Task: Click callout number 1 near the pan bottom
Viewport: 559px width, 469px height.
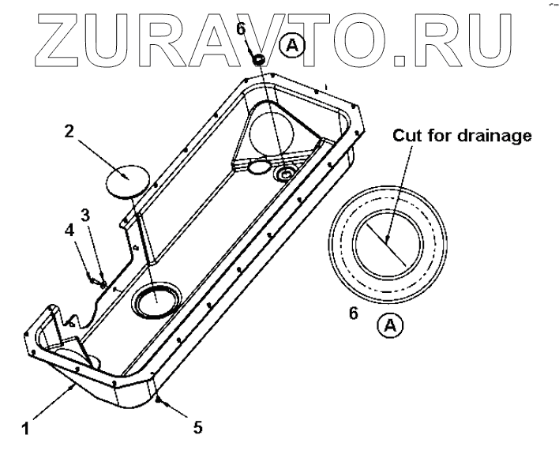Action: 26,430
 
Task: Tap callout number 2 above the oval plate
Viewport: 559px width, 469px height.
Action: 69,131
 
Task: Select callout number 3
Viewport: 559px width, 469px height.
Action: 86,214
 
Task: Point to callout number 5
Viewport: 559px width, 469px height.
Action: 198,427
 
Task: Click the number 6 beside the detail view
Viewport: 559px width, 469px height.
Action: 354,313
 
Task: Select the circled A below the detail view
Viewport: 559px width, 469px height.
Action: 388,324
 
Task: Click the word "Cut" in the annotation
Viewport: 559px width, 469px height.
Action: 408,135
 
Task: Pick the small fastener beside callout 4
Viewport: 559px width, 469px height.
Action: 95,279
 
